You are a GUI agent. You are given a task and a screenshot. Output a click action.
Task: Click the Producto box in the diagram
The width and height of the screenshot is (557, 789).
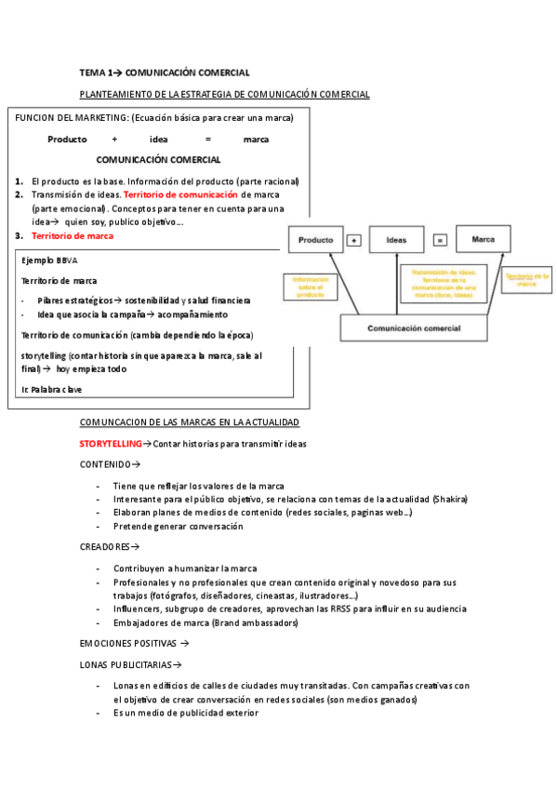[315, 240]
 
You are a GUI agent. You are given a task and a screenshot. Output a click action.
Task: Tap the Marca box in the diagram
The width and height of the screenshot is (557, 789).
[484, 240]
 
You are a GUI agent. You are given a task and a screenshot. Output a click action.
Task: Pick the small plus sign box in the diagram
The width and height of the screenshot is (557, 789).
[353, 241]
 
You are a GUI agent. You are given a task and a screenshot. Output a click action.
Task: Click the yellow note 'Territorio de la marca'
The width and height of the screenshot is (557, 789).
[527, 279]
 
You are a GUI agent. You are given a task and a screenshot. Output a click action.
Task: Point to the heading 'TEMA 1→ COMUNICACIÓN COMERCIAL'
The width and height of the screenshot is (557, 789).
[165, 72]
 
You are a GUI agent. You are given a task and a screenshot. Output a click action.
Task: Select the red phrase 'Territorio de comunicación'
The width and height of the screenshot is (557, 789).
[180, 194]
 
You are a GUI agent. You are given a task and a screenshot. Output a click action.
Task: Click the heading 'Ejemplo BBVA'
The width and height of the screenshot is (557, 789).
[49, 261]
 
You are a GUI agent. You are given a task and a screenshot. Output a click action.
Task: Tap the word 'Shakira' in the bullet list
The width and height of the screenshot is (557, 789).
[449, 499]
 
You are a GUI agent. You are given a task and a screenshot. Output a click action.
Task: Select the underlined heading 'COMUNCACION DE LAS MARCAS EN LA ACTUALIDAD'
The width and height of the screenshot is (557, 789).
[190, 422]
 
